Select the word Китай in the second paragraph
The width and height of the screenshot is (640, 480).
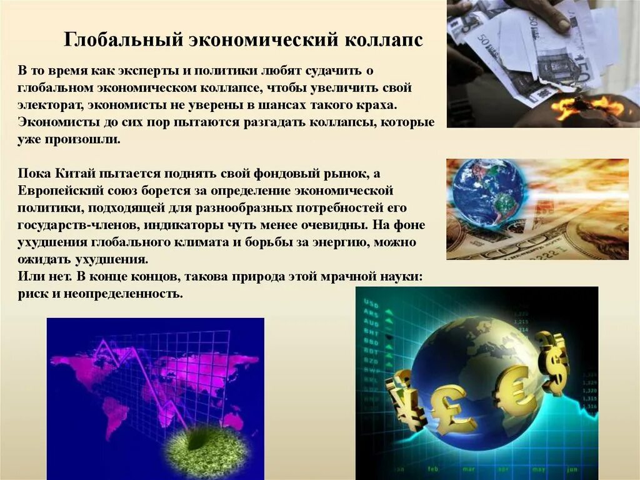pos(74,173)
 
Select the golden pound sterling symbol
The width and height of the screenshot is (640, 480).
pos(452,408)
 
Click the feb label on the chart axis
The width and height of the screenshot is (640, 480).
pos(433,467)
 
